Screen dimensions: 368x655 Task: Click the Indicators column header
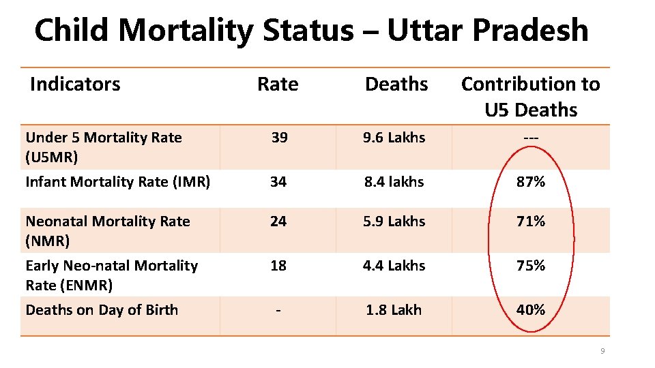pyautogui.click(x=75, y=85)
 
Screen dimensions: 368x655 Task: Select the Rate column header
pyautogui.click(x=278, y=85)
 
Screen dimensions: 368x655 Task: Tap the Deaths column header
pyautogui.click(x=396, y=85)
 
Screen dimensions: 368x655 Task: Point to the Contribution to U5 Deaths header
pyautogui.click(x=531, y=97)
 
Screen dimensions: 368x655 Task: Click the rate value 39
pyautogui.click(x=278, y=138)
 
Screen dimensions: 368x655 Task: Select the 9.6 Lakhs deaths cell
pyautogui.click(x=394, y=138)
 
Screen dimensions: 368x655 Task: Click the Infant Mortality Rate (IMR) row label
pyautogui.click(x=117, y=182)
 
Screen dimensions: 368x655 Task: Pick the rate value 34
pyautogui.click(x=278, y=182)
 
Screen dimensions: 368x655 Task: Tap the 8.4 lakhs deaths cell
pyautogui.click(x=394, y=182)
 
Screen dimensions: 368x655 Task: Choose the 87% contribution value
pyautogui.click(x=531, y=182)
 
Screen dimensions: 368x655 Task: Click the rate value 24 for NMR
pyautogui.click(x=278, y=221)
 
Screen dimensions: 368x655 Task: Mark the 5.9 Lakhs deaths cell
pyautogui.click(x=394, y=221)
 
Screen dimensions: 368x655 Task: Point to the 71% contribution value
pyautogui.click(x=531, y=221)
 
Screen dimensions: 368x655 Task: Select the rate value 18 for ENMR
pyautogui.click(x=278, y=266)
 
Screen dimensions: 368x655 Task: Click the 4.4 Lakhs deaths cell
pyautogui.click(x=394, y=266)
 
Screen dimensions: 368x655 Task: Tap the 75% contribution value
pyautogui.click(x=531, y=266)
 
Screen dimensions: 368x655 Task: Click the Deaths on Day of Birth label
pyautogui.click(x=102, y=310)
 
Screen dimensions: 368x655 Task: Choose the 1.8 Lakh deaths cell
pyautogui.click(x=394, y=310)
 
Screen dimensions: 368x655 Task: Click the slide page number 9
pyautogui.click(x=602, y=352)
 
